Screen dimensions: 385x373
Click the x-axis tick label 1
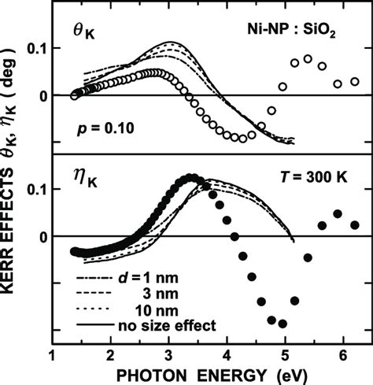(x=52, y=354)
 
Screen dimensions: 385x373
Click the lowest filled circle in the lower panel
(x=282, y=324)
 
